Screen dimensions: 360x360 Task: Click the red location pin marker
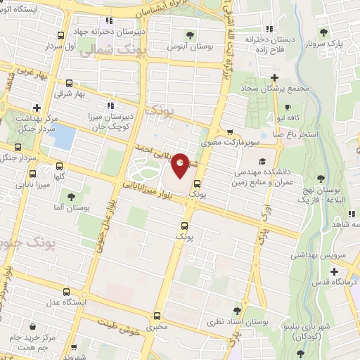click(x=180, y=165)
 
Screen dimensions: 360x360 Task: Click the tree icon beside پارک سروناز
click(x=323, y=32)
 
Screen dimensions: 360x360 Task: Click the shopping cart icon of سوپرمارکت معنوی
click(x=230, y=131)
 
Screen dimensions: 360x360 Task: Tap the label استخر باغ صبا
click(x=297, y=134)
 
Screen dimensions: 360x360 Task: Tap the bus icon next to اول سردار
click(x=62, y=35)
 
